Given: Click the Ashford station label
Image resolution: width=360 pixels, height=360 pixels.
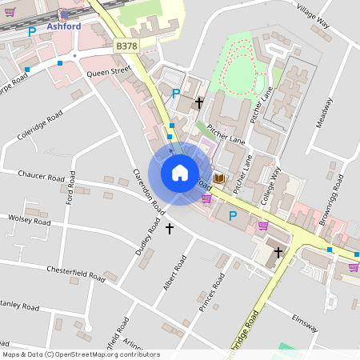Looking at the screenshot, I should point(64,26).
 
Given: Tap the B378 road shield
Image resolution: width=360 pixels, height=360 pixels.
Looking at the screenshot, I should point(126,47).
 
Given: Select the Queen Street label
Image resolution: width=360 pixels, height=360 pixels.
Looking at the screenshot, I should point(108,71).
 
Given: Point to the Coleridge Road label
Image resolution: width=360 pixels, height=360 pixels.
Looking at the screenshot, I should point(39,127).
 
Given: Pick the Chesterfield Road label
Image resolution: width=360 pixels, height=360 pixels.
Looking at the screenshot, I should point(75,272).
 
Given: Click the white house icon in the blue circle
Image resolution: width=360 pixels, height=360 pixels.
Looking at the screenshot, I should point(179,173).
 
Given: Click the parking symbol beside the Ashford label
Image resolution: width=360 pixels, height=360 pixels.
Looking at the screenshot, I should point(32,32).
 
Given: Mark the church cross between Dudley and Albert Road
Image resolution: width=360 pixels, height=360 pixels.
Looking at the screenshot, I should point(169,229).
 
